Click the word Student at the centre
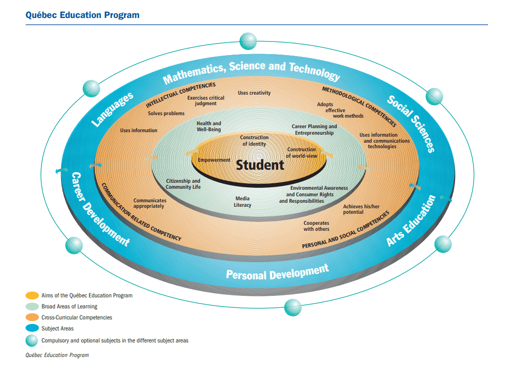pos(260,165)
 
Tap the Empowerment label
pos(214,160)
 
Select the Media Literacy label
pos(242,202)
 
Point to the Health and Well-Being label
pos(209,126)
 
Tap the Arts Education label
pos(411,221)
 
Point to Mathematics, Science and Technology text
pos(251,72)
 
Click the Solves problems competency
pos(166,114)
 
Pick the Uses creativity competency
pos(254,93)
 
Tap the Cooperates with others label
pos(316,226)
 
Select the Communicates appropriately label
pos(150,203)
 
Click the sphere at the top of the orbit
pos(248,41)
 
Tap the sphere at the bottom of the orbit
pos(293,307)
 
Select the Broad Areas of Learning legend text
pos(70,306)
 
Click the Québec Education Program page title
pos(83,15)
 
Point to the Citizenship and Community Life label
pos(183,184)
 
